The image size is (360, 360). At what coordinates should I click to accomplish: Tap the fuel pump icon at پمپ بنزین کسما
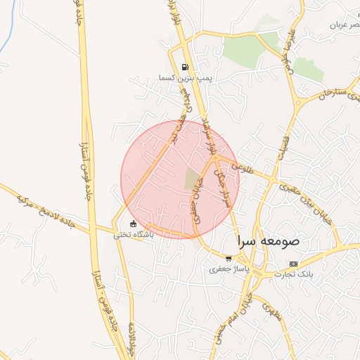[185, 68]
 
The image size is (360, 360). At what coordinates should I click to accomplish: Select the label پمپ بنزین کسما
[185, 78]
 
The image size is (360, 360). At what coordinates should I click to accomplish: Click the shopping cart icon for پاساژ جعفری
[228, 258]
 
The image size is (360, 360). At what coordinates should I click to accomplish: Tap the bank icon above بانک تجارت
[293, 264]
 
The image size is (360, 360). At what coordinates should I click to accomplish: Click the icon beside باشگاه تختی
[133, 224]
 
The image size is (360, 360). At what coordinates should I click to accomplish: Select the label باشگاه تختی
[134, 234]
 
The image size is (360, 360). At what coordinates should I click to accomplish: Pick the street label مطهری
[270, 310]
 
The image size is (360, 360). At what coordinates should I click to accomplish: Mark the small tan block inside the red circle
[192, 179]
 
